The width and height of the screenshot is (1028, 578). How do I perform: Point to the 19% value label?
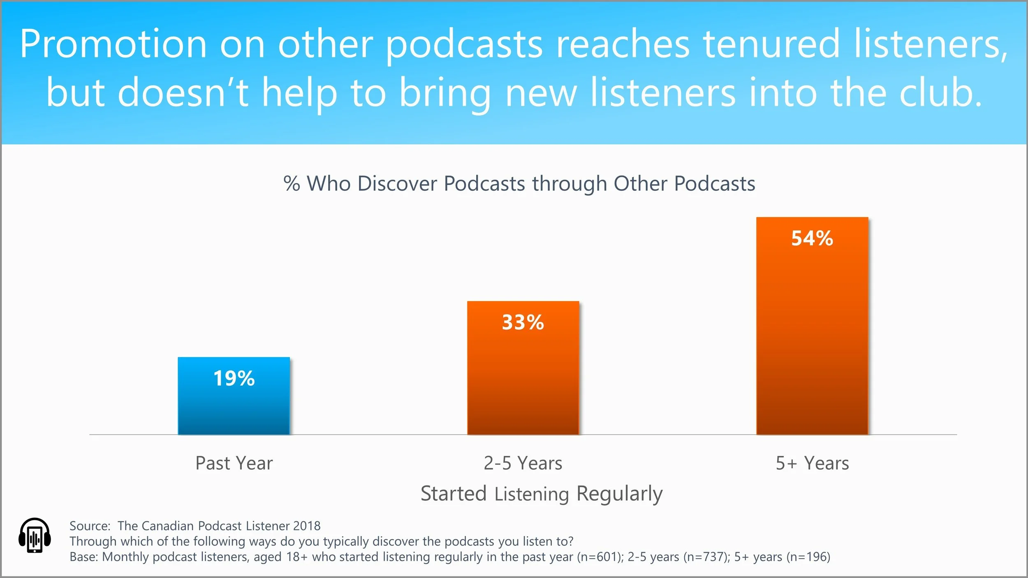(x=234, y=378)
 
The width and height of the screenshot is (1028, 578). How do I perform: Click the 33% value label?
(x=523, y=322)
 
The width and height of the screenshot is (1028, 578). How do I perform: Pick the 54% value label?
(x=812, y=238)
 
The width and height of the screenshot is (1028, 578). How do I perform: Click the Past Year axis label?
(x=234, y=463)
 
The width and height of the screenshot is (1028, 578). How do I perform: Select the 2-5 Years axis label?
(x=523, y=463)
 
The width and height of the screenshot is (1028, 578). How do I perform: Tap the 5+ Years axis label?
(x=812, y=463)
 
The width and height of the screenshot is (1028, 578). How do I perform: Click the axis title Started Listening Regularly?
(x=542, y=494)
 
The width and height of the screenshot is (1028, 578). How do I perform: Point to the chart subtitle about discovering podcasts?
(x=519, y=183)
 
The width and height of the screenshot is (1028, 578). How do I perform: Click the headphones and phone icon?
(x=35, y=535)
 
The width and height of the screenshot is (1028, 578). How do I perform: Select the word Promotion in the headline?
(x=113, y=44)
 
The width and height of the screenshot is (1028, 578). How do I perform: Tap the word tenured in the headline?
(x=771, y=44)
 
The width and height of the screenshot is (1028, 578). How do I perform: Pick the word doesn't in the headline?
(x=183, y=93)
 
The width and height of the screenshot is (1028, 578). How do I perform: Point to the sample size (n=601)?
(x=600, y=557)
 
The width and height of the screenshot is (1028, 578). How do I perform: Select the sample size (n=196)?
(x=808, y=557)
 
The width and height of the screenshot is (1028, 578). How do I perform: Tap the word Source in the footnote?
(x=89, y=526)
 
